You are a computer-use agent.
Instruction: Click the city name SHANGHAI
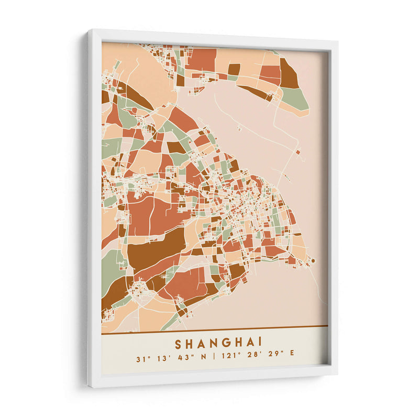(x=218, y=344)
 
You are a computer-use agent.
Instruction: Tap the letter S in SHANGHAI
(x=178, y=344)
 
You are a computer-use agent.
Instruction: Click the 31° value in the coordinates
(x=140, y=359)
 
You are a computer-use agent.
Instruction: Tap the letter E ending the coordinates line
(x=292, y=359)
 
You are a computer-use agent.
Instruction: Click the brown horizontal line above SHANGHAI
(x=215, y=329)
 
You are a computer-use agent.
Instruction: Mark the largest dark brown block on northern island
(x=288, y=74)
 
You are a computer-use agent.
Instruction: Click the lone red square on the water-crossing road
(x=297, y=152)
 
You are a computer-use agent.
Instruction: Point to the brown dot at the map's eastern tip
(x=313, y=260)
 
